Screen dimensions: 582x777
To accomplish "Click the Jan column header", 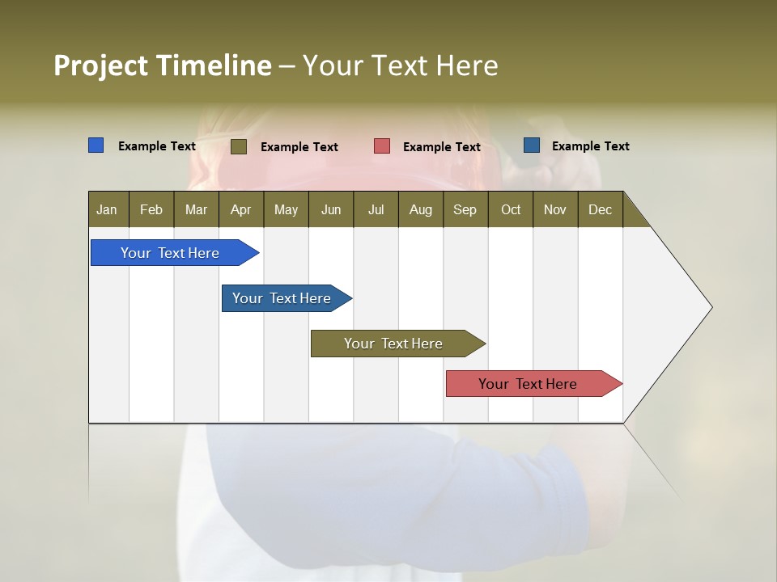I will click(x=107, y=209).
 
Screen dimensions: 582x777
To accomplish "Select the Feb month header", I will click(x=151, y=209).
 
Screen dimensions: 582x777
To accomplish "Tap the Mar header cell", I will click(x=196, y=209).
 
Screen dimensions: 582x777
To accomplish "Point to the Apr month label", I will click(x=240, y=209).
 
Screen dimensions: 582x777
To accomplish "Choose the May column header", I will click(x=286, y=209).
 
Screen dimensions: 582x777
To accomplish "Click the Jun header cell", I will click(x=331, y=209).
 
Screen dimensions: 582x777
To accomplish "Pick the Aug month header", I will click(x=420, y=209).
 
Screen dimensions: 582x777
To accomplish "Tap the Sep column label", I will click(x=465, y=209).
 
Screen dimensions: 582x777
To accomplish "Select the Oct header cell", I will click(x=511, y=209).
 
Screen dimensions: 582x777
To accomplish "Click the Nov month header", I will click(x=555, y=209).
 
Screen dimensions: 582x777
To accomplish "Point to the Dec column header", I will click(x=600, y=209).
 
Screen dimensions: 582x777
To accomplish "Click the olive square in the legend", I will click(x=239, y=146).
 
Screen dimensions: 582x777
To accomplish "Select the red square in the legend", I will click(x=382, y=146).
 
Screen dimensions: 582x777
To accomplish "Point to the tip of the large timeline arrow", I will click(x=711, y=307).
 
